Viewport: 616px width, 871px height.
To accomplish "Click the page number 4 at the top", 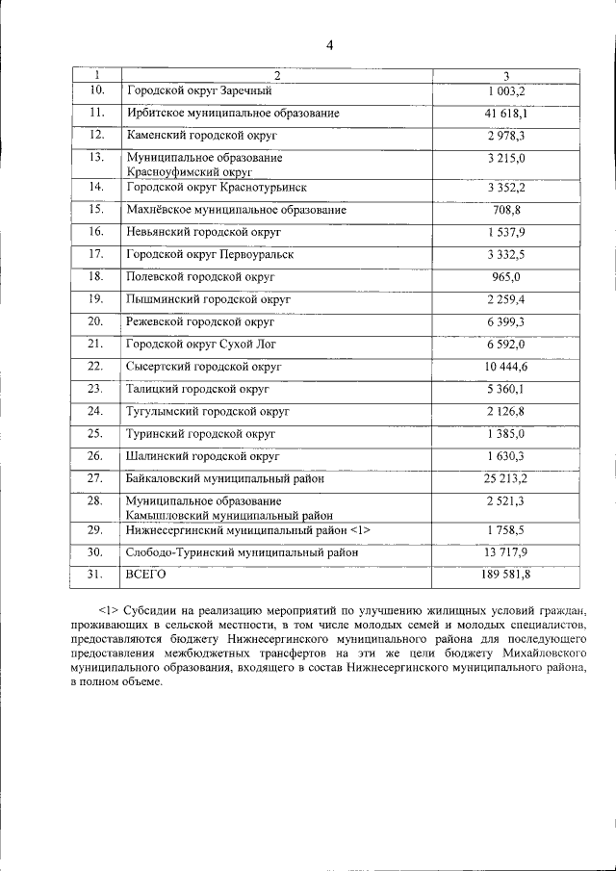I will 329,45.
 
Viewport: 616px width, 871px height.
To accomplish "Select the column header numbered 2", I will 275,75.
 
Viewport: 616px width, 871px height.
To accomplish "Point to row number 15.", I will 95,209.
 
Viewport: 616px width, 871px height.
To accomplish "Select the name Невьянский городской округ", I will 203,232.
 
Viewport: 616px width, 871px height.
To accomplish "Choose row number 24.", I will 95,411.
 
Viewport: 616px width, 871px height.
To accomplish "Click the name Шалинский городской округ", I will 202,456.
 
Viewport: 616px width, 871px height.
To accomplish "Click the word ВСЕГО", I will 146,575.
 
